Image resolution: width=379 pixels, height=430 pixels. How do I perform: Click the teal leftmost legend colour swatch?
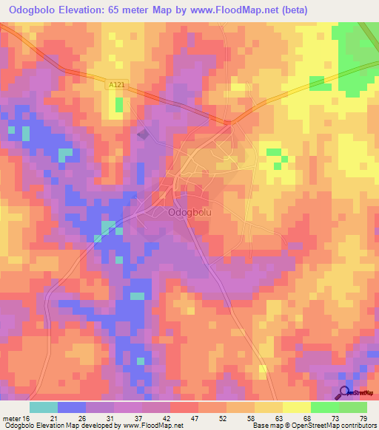44,407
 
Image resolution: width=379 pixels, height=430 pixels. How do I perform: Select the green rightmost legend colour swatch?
353,407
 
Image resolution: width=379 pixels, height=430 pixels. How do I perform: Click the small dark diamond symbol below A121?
143,134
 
